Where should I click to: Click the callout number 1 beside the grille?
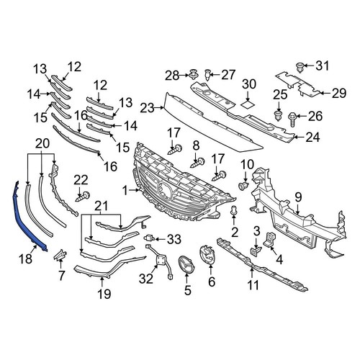(125, 191)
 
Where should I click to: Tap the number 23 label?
(147, 108)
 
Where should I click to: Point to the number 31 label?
(322, 66)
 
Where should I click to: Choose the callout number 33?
(174, 239)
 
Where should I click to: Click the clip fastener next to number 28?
(194, 73)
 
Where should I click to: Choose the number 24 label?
(312, 136)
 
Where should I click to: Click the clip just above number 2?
(235, 210)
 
